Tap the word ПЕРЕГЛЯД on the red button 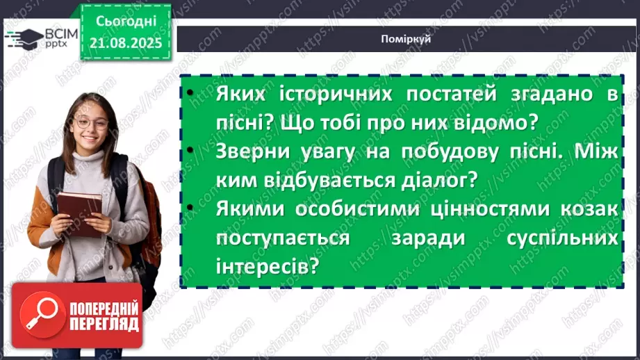(x=103, y=324)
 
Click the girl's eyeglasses (x=90, y=124)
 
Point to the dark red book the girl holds (x=79, y=212)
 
